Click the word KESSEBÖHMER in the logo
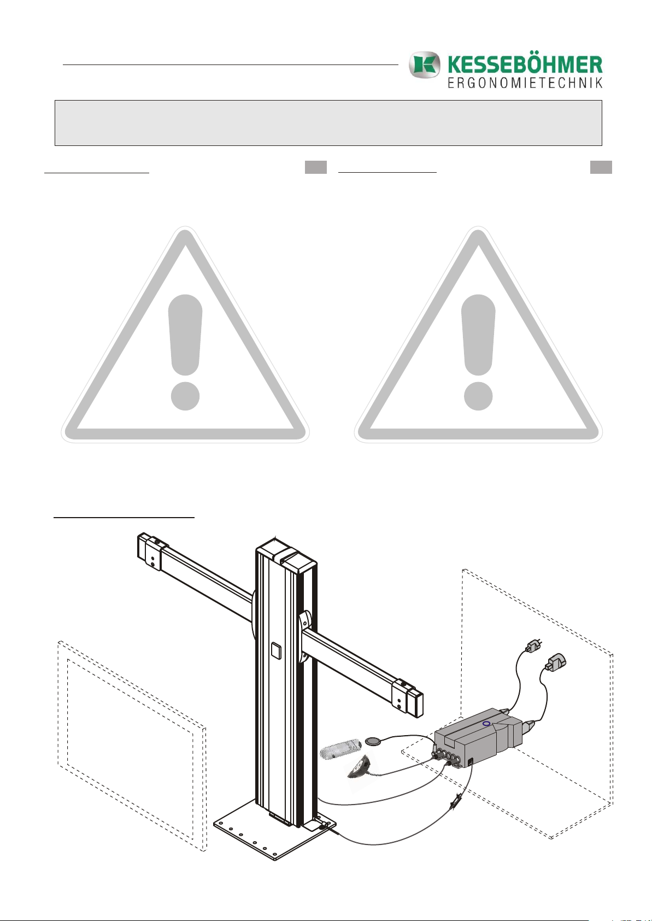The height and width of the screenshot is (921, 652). click(x=525, y=65)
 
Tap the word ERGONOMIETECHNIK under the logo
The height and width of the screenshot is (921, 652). click(x=525, y=83)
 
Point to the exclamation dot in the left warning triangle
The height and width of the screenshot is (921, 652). click(x=185, y=395)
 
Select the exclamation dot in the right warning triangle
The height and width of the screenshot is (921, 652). click(x=478, y=395)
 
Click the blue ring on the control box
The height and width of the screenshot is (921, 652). click(x=486, y=724)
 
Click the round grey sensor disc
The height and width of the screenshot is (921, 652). click(x=374, y=741)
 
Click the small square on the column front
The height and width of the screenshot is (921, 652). click(x=275, y=651)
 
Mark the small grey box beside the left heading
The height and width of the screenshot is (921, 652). click(x=315, y=167)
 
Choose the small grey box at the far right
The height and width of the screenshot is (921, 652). click(x=601, y=167)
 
